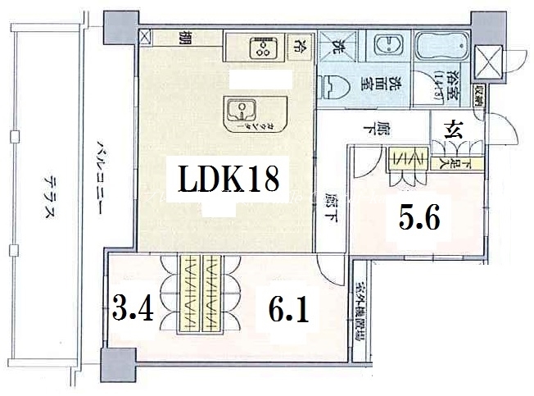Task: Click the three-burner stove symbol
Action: point(263,47)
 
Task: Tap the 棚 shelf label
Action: point(185,37)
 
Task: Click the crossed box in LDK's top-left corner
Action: point(145,38)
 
